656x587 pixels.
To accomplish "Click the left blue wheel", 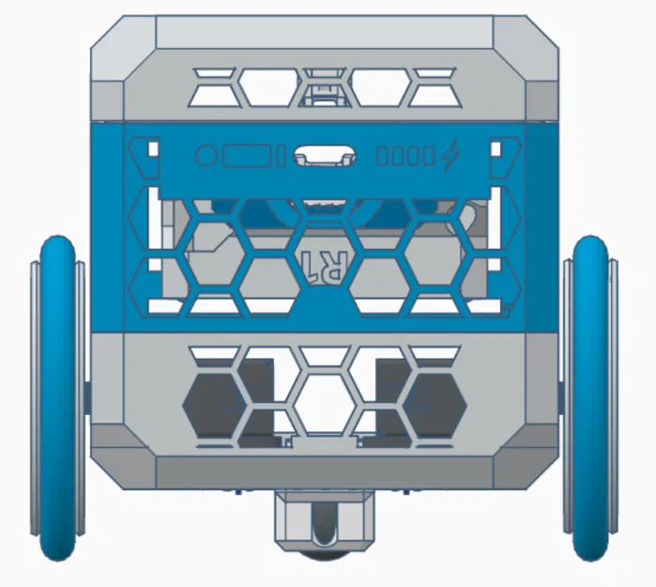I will pyautogui.click(x=58, y=398).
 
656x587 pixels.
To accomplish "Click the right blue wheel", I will pyautogui.click(x=592, y=398).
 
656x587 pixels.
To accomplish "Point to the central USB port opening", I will pyautogui.click(x=324, y=156).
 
